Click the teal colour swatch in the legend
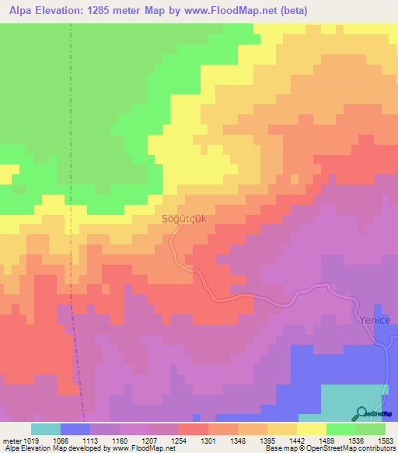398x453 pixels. coord(46,429)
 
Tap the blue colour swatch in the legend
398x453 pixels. coord(75,429)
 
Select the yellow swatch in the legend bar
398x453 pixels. coord(312,429)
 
